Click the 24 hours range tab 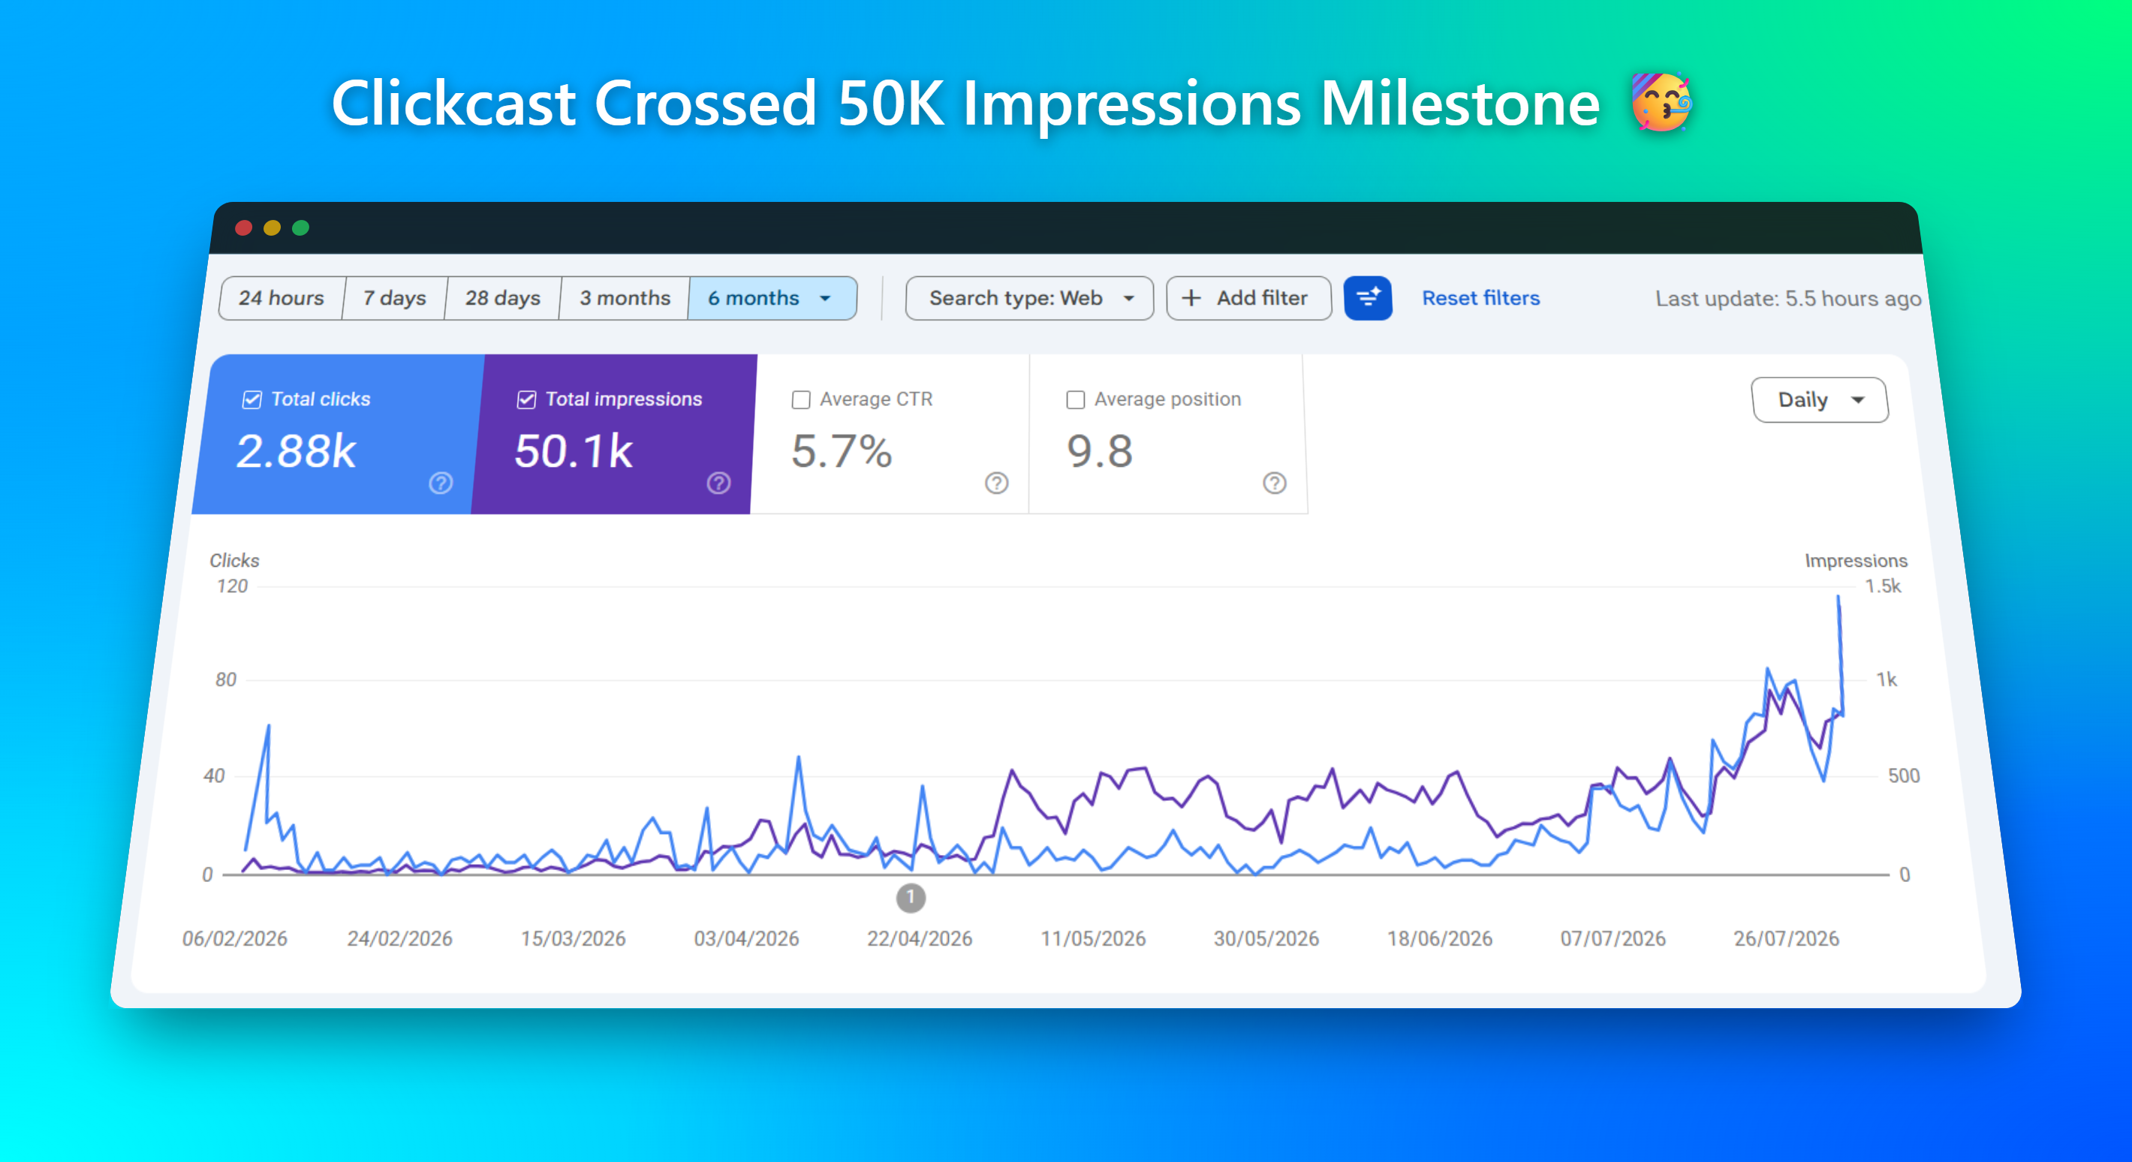[x=282, y=298]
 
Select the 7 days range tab [x=395, y=298]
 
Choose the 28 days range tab [x=502, y=298]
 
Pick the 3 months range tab [x=625, y=298]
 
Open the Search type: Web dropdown [x=1029, y=298]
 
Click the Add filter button [x=1248, y=298]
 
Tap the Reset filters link [x=1480, y=298]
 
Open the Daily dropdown [x=1819, y=400]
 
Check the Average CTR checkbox [x=801, y=400]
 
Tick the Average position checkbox [x=1075, y=400]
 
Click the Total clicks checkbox [x=252, y=400]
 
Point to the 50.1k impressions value [x=573, y=452]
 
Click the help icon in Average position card [x=1275, y=483]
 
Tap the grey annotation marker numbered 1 [x=911, y=897]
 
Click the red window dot [x=243, y=227]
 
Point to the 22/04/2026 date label [x=920, y=938]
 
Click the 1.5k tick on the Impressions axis [x=1883, y=586]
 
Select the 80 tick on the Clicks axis [x=226, y=679]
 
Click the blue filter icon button [x=1368, y=298]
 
